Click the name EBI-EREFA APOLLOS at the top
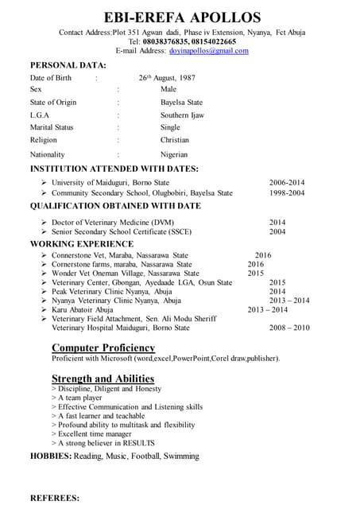(x=182, y=17)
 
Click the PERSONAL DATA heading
(x=68, y=64)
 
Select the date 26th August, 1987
(x=167, y=78)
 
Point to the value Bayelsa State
(x=181, y=103)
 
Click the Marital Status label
(x=52, y=127)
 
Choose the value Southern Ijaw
(x=182, y=115)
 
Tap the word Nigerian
(x=174, y=154)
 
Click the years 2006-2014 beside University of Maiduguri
(x=287, y=182)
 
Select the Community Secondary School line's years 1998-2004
(x=287, y=192)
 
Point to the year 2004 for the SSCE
(x=277, y=232)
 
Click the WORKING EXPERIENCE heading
(x=82, y=243)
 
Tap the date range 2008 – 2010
(x=289, y=328)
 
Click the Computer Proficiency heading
(x=103, y=348)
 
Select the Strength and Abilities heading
(x=103, y=378)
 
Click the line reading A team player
(x=83, y=397)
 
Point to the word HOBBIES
(x=50, y=457)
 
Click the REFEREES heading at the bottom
(x=54, y=498)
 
